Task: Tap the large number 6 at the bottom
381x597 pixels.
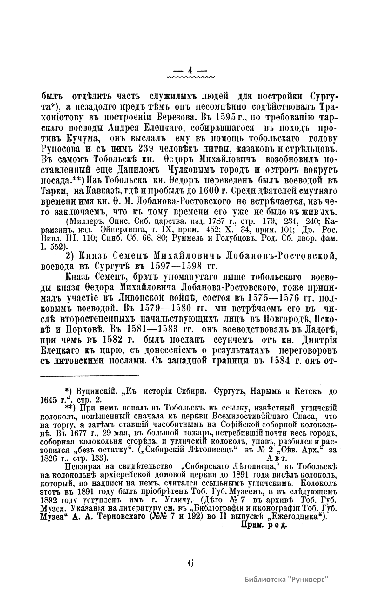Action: click(x=190, y=562)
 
